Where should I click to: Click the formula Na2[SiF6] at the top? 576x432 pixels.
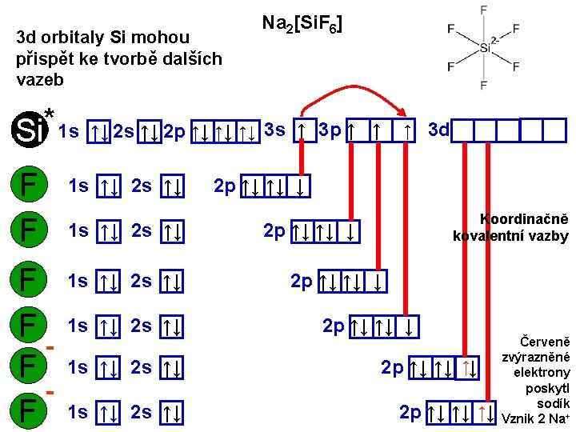click(302, 25)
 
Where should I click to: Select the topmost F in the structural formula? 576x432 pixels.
click(483, 10)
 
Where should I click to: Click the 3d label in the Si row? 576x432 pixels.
click(438, 129)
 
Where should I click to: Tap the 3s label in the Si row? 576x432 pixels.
click(274, 129)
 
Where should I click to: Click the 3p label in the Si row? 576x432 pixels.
click(329, 129)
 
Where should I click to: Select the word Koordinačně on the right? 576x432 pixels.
click(523, 219)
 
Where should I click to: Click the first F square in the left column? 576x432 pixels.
click(29, 186)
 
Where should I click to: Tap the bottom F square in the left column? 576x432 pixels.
click(29, 412)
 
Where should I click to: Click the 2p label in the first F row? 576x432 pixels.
click(225, 186)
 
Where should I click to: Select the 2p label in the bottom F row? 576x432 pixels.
click(410, 412)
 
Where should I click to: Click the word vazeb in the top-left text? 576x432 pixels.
click(39, 80)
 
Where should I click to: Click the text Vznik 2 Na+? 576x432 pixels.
click(534, 418)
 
